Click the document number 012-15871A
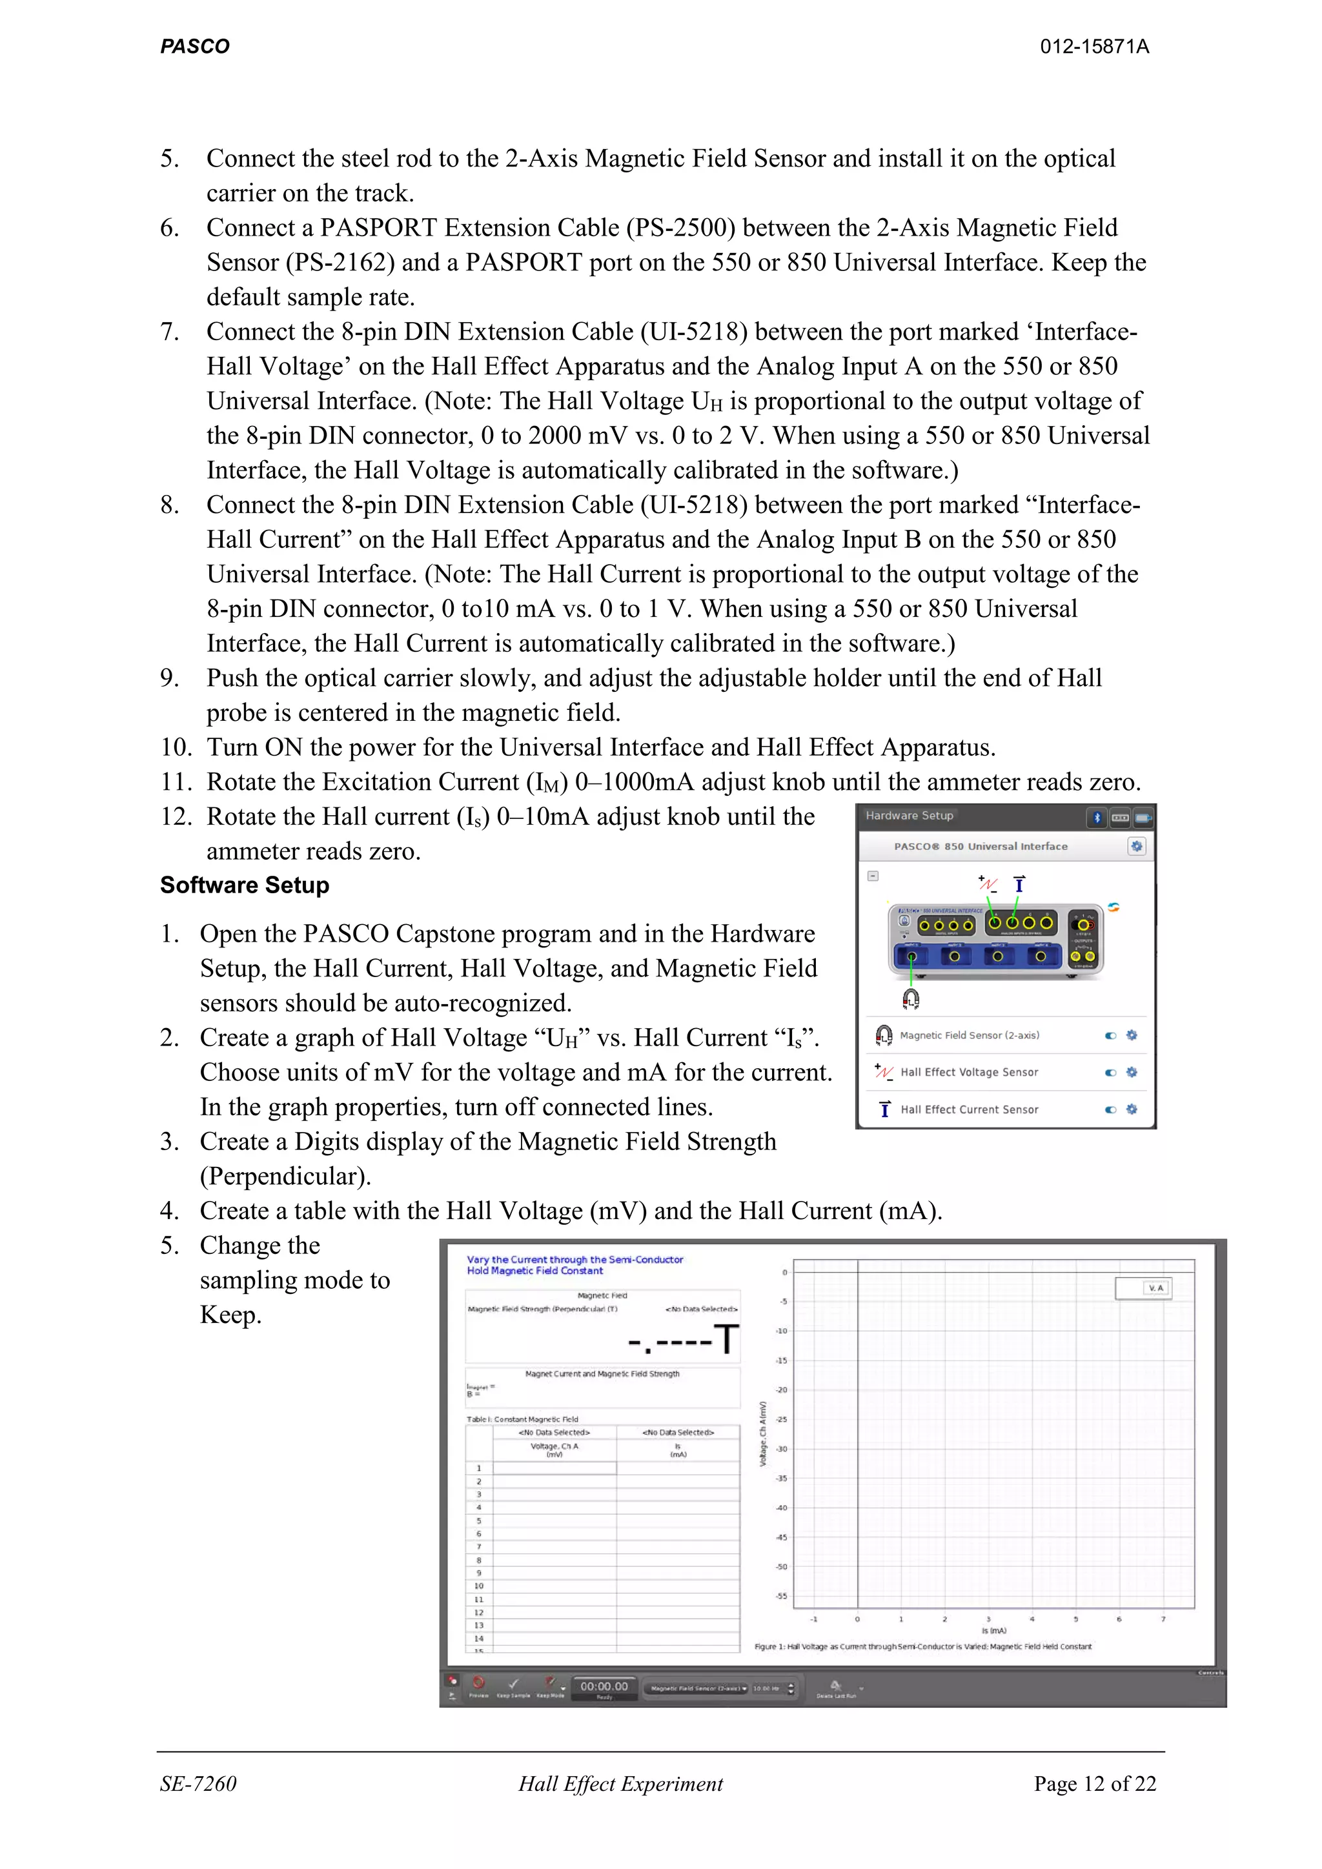coord(1094,46)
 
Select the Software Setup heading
coord(244,885)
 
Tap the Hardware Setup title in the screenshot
coord(910,816)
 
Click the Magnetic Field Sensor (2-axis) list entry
coord(969,1035)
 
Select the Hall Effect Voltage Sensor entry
coord(969,1072)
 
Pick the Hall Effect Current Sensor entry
coord(969,1109)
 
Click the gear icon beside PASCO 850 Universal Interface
coord(1136,847)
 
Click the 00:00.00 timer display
coord(604,1686)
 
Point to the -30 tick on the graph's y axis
coord(782,1449)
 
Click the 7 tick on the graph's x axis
coord(1163,1619)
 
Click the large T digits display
coord(684,1339)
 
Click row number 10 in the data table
coord(479,1586)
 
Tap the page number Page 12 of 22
coord(1094,1784)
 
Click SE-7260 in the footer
coord(198,1784)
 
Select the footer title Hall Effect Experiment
coord(620,1784)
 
